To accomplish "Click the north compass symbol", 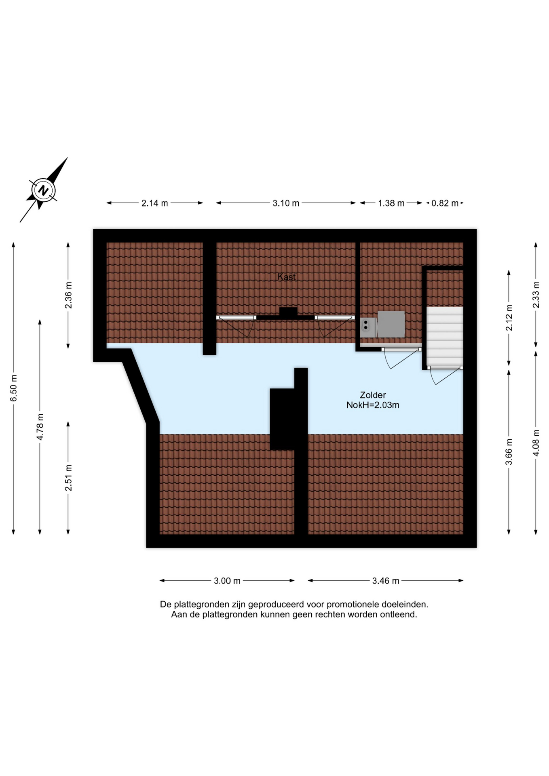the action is tap(43, 190).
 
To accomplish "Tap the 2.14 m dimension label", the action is tap(154, 203).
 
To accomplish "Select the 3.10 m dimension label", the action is tap(286, 203).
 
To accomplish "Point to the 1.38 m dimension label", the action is tap(391, 203).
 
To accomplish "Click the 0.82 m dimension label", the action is tap(445, 203).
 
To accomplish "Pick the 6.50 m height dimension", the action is tap(14, 388).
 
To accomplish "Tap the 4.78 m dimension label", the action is tap(40, 427).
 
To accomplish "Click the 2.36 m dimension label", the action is tap(68, 295).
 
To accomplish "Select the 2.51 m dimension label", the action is tap(68, 478).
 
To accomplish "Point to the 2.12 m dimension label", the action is tap(509, 318).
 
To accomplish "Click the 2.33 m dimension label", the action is tap(536, 295).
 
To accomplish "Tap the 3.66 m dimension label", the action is tap(509, 451).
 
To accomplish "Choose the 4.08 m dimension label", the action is tap(536, 443).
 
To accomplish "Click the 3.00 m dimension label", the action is tap(227, 581).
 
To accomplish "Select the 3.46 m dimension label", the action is tap(386, 581).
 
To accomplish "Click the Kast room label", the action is tap(287, 277).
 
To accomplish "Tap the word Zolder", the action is tap(373, 395).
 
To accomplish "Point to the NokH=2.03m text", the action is tap(373, 405).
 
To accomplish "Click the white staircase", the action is tap(445, 336).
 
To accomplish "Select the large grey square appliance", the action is tap(391, 324).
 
